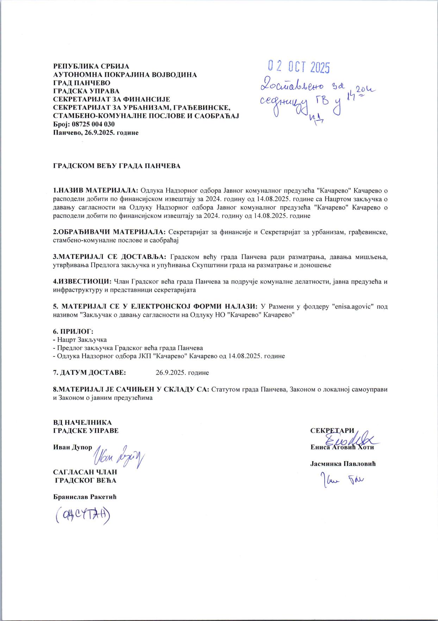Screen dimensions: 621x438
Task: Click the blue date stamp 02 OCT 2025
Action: (x=299, y=67)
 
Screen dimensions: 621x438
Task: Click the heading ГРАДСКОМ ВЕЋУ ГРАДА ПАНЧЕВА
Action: (x=117, y=166)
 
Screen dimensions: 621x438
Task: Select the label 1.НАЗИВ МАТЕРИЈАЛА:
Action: (x=96, y=191)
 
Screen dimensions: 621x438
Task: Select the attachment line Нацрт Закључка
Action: (x=82, y=340)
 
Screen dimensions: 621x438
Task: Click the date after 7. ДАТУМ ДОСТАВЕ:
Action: (x=182, y=373)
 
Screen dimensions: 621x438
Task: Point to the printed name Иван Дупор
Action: (x=73, y=447)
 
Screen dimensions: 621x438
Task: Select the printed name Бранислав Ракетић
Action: (x=85, y=497)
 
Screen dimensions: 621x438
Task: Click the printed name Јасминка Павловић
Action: (x=343, y=464)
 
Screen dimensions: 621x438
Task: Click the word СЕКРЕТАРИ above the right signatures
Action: (x=332, y=430)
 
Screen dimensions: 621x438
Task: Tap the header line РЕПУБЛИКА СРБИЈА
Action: (x=91, y=67)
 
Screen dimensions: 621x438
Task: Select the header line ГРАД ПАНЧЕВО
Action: (x=82, y=83)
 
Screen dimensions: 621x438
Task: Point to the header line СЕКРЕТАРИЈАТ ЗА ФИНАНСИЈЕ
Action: (x=112, y=100)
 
